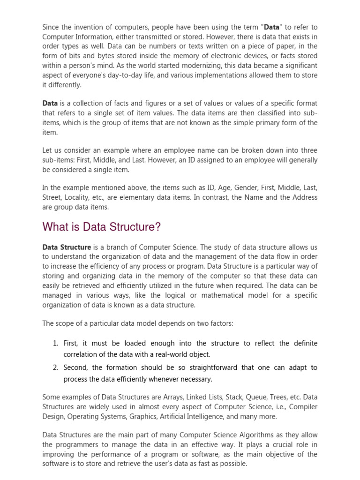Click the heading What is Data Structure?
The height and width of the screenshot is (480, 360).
[101, 227]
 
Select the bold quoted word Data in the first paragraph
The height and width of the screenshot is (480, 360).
[271, 27]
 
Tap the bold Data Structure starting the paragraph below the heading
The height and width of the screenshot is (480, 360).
[67, 247]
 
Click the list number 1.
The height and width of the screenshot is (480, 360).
[55, 344]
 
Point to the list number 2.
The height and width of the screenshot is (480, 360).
[55, 368]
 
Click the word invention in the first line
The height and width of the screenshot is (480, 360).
[88, 27]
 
